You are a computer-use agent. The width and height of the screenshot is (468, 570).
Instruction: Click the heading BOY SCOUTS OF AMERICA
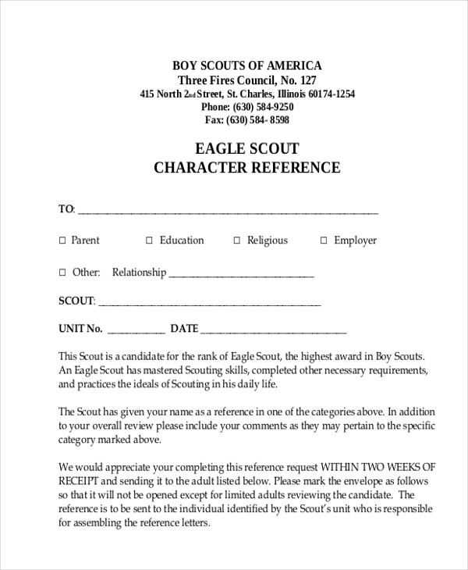(246, 65)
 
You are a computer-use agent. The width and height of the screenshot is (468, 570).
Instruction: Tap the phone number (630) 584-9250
(261, 107)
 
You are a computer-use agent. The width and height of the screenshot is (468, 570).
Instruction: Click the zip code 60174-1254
(329, 94)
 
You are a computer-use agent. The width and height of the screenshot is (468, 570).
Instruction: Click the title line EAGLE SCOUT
(246, 148)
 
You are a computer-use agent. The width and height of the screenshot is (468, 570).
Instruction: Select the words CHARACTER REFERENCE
(246, 167)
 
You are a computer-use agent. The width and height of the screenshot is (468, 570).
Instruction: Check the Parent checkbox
(63, 241)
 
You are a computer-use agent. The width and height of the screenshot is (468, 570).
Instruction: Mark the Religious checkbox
(237, 241)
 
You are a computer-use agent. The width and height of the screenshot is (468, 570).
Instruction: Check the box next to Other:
(63, 273)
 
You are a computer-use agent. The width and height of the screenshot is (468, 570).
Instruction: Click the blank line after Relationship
(241, 275)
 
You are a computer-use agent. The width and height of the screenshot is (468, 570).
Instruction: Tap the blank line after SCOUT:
(210, 303)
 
